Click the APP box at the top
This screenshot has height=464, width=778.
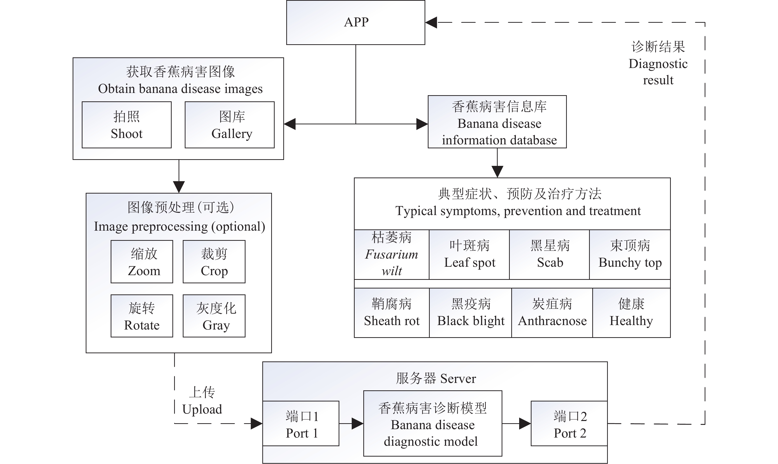356,22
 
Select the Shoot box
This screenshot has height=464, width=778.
126,125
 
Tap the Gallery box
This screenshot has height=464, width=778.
229,125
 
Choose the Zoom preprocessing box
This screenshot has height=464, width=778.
142,262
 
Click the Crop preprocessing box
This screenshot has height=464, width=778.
214,262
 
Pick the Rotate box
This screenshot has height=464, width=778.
142,316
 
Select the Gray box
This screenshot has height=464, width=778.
214,316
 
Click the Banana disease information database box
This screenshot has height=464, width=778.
497,122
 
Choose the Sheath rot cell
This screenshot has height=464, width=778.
392,313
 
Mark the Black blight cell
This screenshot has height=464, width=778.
470,313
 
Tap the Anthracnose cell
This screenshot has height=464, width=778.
552,313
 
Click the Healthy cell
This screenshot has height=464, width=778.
632,313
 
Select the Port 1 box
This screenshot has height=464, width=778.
301,423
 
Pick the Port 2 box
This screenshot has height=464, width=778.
569,423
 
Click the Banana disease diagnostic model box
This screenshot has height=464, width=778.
432,423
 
